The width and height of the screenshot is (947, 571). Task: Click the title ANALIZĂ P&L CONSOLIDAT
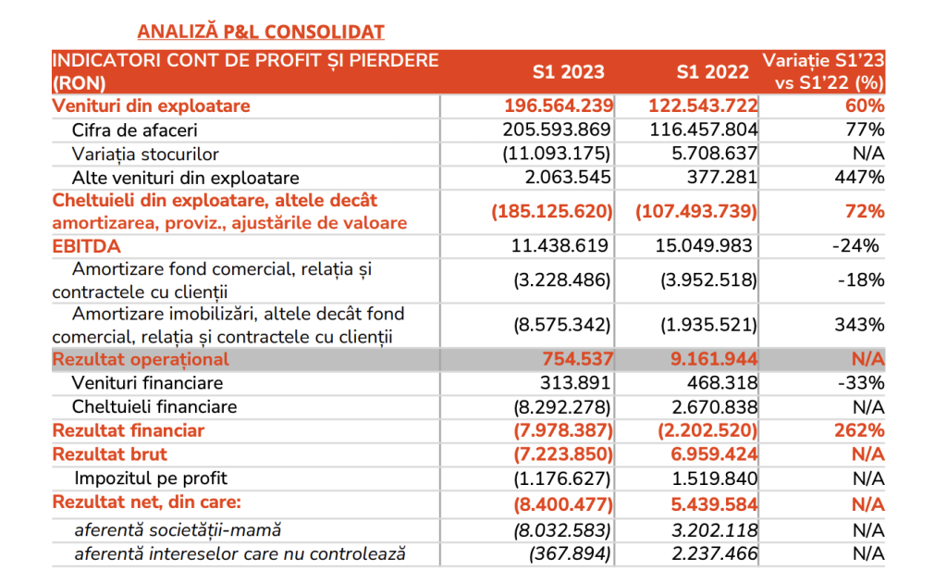260,31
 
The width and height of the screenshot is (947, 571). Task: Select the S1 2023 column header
569,72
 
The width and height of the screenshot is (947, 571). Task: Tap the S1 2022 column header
713,72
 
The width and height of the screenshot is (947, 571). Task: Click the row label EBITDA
86,246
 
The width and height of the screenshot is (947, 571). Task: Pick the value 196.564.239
559,106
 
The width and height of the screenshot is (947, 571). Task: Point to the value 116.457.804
704,130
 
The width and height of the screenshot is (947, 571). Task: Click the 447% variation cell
859,177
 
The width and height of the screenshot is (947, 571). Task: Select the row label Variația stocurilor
145,154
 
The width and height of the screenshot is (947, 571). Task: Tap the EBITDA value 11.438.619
560,246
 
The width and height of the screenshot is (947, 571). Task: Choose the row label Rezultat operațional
141,359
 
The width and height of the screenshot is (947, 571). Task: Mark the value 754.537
577,359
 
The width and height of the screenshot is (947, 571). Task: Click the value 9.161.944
714,359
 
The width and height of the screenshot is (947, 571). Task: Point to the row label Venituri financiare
147,383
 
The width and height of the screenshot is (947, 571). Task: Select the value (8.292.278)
562,407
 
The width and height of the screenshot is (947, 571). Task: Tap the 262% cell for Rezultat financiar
859,430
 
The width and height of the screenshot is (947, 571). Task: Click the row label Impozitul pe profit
151,478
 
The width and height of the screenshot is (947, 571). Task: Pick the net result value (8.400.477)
563,504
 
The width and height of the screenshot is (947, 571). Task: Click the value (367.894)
570,554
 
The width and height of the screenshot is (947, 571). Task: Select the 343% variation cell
859,325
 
